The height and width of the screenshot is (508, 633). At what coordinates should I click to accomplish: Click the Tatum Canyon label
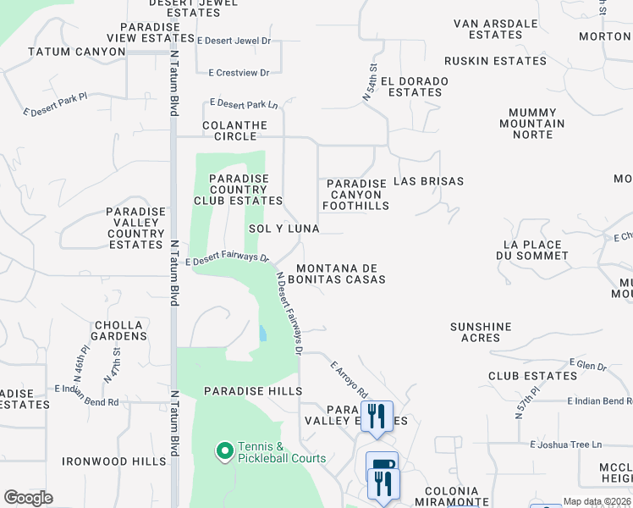pyautogui.click(x=69, y=52)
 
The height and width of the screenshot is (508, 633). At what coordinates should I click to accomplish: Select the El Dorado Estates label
pyautogui.click(x=414, y=86)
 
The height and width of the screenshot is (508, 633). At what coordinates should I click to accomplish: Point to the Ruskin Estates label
pyautogui.click(x=495, y=61)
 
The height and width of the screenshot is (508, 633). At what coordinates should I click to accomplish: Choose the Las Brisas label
pyautogui.click(x=429, y=181)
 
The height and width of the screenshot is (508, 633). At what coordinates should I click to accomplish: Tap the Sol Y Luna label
pyautogui.click(x=284, y=229)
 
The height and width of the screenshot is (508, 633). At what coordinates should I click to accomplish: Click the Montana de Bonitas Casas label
pyautogui.click(x=341, y=273)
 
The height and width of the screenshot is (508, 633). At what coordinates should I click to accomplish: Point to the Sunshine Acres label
pyautogui.click(x=481, y=332)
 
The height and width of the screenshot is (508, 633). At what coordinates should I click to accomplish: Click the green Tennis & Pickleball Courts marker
pyautogui.click(x=225, y=452)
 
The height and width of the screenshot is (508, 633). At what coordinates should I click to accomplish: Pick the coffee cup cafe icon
pyautogui.click(x=382, y=465)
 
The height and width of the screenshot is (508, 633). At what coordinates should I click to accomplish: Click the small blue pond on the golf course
pyautogui.click(x=262, y=334)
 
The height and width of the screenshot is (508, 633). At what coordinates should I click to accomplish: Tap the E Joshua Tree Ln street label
pyautogui.click(x=565, y=444)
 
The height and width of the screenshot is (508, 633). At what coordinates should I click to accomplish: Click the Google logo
pyautogui.click(x=29, y=498)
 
